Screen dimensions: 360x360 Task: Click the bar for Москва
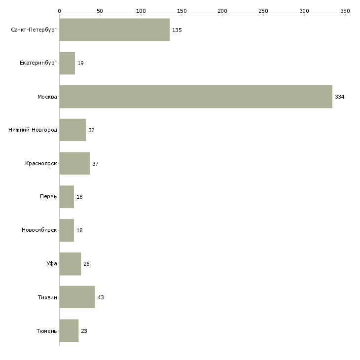click(x=196, y=97)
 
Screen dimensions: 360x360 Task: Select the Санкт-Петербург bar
click(x=114, y=30)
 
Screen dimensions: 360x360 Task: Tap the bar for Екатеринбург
click(x=67, y=63)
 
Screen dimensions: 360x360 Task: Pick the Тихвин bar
click(x=77, y=297)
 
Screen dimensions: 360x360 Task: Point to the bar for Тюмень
click(x=69, y=330)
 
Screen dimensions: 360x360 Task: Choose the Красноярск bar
click(x=74, y=163)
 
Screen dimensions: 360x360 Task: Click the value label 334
click(x=340, y=97)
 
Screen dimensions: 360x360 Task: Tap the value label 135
click(x=177, y=30)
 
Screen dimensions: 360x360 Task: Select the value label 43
click(x=101, y=297)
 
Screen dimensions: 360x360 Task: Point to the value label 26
click(x=86, y=264)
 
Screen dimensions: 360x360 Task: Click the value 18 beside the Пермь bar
click(x=79, y=197)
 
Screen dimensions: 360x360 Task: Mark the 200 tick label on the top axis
click(x=222, y=11)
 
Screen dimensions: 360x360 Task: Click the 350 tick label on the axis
click(x=345, y=11)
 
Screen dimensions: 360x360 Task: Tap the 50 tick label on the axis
click(x=100, y=11)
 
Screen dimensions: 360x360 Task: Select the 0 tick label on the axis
click(x=60, y=11)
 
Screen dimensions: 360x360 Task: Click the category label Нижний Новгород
click(x=33, y=130)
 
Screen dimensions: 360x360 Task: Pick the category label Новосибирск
click(x=39, y=230)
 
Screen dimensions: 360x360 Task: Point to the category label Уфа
click(x=52, y=263)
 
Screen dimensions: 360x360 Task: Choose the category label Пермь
click(x=48, y=196)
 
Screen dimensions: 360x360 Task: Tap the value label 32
click(x=91, y=130)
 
